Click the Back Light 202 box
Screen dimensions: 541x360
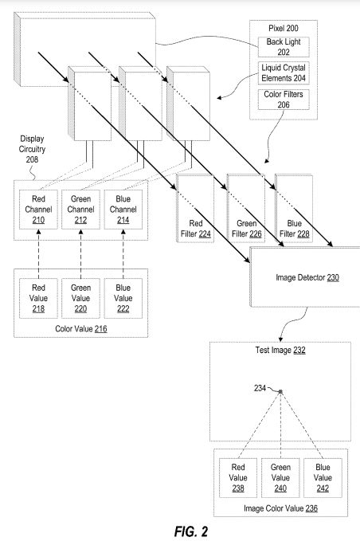pyautogui.click(x=284, y=46)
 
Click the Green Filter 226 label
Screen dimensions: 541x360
pyautogui.click(x=245, y=229)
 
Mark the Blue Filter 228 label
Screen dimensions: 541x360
pyautogui.click(x=292, y=229)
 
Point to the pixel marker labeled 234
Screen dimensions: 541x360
pyautogui.click(x=280, y=391)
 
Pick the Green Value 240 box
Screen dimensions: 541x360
pyautogui.click(x=281, y=477)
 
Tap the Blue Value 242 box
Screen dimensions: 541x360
pyautogui.click(x=323, y=477)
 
